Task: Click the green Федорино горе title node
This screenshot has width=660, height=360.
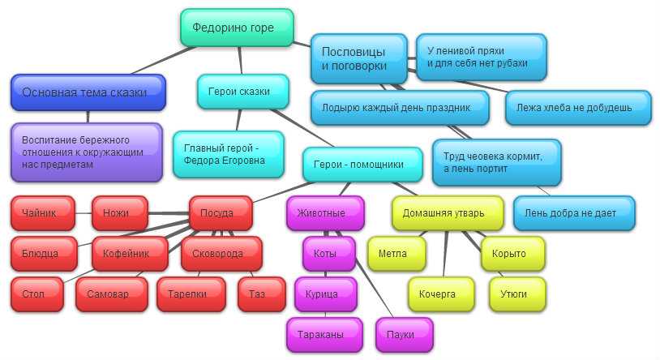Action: (233, 28)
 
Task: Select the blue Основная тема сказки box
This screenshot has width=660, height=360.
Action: (88, 92)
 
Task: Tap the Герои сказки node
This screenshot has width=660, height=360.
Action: (244, 92)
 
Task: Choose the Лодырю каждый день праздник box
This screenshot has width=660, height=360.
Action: (400, 107)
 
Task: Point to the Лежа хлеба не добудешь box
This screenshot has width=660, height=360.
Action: (578, 107)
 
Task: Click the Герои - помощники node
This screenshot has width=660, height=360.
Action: (363, 164)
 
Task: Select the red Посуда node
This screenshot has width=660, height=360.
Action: (216, 213)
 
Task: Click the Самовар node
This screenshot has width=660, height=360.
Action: (112, 294)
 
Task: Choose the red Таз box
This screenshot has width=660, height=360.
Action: (261, 294)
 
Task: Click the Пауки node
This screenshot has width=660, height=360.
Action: (404, 334)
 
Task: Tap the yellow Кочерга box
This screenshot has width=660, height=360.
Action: (442, 294)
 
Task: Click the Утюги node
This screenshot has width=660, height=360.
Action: (516, 294)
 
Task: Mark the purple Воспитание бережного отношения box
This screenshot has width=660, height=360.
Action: (87, 152)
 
